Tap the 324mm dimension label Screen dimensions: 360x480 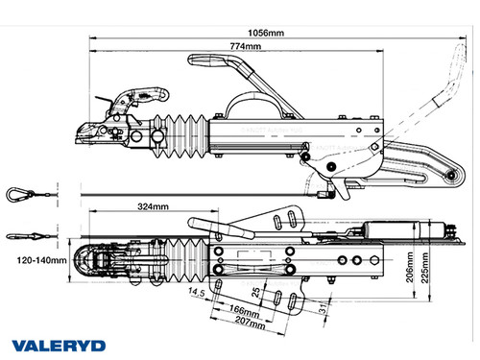tap(154, 206)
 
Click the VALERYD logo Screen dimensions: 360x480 tap(55, 343)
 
